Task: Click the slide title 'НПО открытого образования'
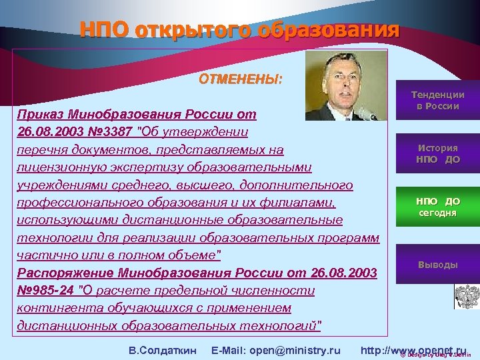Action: click(239, 30)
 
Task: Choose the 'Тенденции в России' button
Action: click(437, 101)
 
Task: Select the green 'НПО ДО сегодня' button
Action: click(437, 207)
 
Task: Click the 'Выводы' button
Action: click(437, 265)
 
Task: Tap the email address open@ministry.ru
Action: click(294, 350)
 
